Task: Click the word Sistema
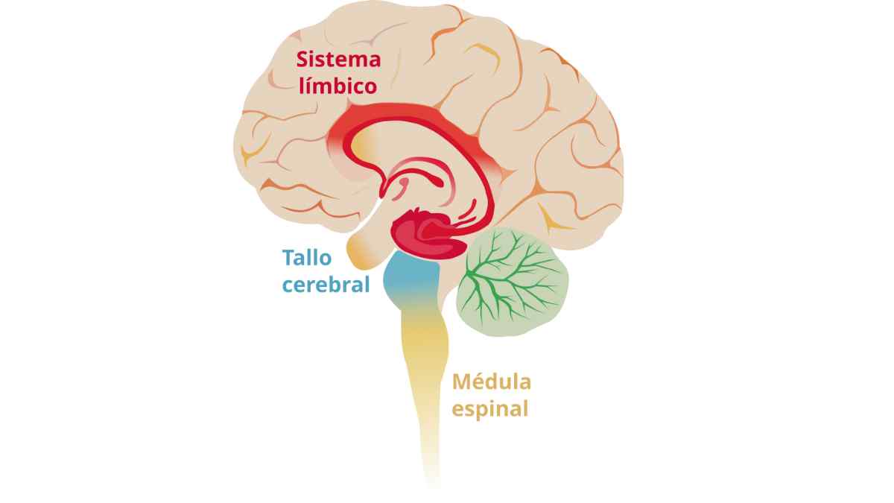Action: point(338,60)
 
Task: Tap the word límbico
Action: point(337,85)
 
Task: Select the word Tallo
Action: point(307,258)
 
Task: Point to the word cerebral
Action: point(326,284)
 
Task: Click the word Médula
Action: point(491,382)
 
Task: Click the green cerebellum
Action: point(513,282)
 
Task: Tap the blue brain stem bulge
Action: point(411,277)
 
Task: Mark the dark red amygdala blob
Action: point(428,235)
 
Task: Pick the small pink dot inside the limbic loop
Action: point(405,183)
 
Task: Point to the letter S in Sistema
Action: point(302,60)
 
